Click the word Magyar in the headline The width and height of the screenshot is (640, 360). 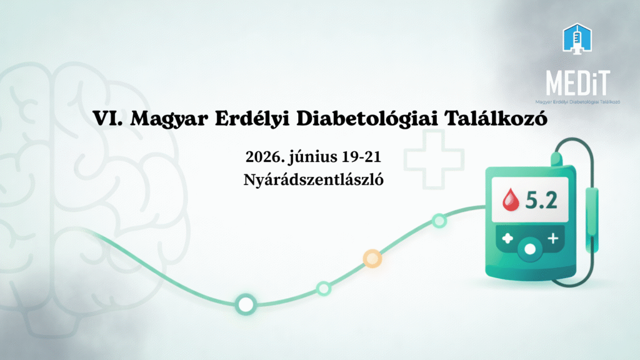pyautogui.click(x=169, y=119)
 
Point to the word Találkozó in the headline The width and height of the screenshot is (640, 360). pyautogui.click(x=496, y=118)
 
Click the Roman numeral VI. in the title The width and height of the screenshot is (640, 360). pyautogui.click(x=107, y=118)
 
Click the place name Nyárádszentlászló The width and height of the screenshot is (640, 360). pyautogui.click(x=314, y=180)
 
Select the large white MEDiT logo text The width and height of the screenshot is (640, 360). pyautogui.click(x=577, y=83)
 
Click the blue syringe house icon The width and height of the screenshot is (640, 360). pyautogui.click(x=577, y=38)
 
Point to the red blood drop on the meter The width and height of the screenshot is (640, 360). pyautogui.click(x=511, y=199)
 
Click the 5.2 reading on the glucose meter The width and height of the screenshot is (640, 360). pyautogui.click(x=541, y=200)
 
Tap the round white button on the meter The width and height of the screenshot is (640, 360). pyautogui.click(x=530, y=249)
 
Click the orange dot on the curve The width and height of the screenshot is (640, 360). pyautogui.click(x=372, y=258)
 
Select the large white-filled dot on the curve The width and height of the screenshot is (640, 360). pyautogui.click(x=246, y=304)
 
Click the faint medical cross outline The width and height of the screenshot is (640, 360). pyautogui.click(x=434, y=159)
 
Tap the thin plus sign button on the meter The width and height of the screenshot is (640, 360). pyautogui.click(x=553, y=238)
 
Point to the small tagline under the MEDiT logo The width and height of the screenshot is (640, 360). pyautogui.click(x=577, y=102)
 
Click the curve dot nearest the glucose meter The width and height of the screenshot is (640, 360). pyautogui.click(x=439, y=221)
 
